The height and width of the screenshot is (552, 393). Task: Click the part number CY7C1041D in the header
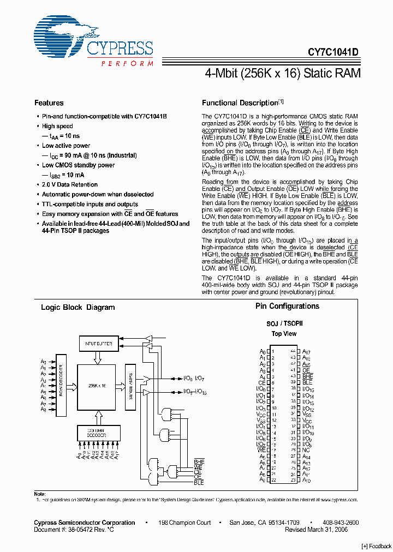[332, 52]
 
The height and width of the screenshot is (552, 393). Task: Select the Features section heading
[49, 103]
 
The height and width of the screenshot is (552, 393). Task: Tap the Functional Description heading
[240, 103]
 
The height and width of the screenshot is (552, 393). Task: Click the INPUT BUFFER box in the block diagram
[99, 344]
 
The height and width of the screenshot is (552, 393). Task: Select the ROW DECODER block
[61, 381]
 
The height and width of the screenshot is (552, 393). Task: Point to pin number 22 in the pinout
[274, 480]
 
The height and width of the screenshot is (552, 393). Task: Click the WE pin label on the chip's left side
[261, 450]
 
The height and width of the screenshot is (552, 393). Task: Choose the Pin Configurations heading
[287, 307]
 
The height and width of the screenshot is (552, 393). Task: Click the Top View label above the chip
[284, 334]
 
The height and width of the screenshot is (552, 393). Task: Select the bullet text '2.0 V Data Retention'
[70, 185]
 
